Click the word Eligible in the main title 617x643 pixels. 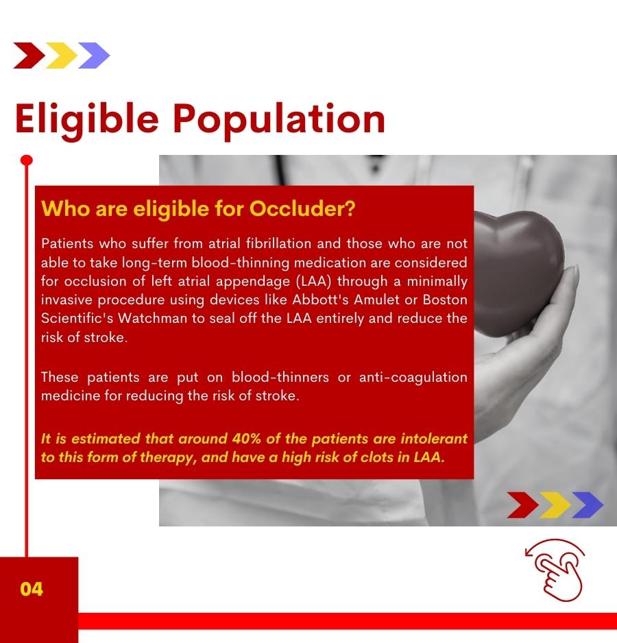pyautogui.click(x=87, y=120)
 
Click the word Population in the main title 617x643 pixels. pyautogui.click(x=279, y=120)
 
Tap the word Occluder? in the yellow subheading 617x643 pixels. pyautogui.click(x=302, y=208)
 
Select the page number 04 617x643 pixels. pyautogui.click(x=31, y=589)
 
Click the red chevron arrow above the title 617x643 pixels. pyautogui.click(x=29, y=56)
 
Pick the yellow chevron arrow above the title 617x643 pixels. pyautogui.click(x=62, y=56)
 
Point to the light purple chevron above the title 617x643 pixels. pyautogui.click(x=94, y=56)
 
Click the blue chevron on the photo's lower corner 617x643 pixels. pyautogui.click(x=588, y=505)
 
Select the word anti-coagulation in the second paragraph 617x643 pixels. pyautogui.click(x=413, y=378)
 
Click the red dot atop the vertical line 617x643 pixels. pyautogui.click(x=26, y=160)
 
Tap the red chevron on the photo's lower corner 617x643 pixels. pyautogui.click(x=522, y=505)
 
